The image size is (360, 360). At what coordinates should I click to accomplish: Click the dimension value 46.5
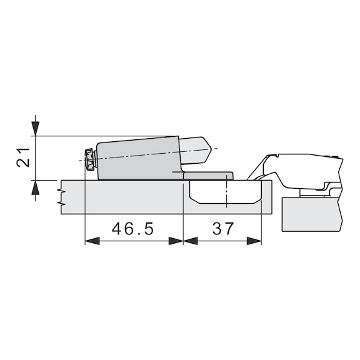point(132,229)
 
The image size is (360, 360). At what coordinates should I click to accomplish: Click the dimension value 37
point(223,229)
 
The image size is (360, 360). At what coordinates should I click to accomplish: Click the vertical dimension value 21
point(23,157)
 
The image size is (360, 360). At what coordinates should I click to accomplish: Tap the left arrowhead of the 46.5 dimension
point(92,241)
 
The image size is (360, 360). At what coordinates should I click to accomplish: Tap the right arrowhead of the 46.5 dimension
point(176,241)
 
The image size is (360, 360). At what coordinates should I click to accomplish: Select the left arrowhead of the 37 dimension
point(191,241)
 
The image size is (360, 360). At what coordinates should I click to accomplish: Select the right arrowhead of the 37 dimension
point(254,241)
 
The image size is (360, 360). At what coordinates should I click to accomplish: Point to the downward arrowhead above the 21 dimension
point(36,129)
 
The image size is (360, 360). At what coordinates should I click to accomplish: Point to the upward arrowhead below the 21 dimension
point(36,187)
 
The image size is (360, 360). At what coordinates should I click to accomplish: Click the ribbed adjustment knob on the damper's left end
point(89,160)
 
